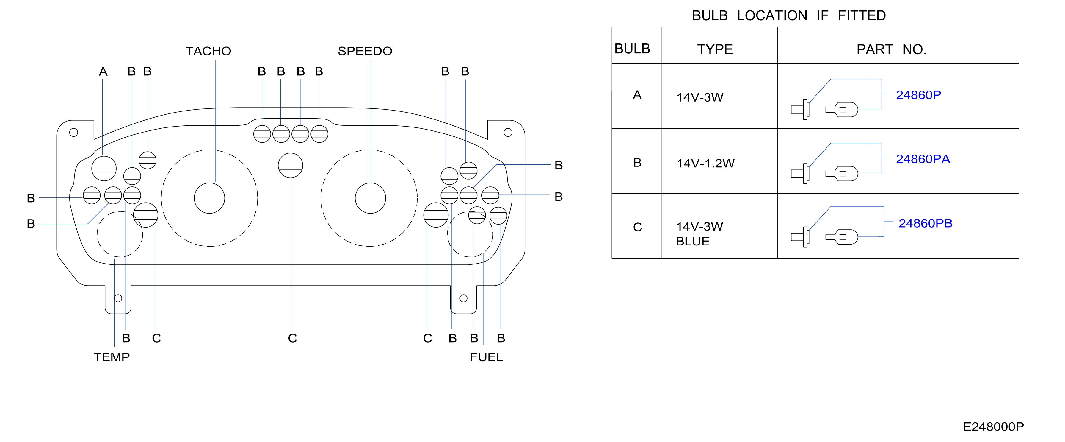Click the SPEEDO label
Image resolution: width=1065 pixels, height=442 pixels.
pos(365,51)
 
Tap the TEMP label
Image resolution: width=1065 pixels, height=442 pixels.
pos(112,357)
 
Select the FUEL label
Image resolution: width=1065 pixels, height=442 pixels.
pos(486,357)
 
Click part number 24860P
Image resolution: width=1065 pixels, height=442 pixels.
pos(918,95)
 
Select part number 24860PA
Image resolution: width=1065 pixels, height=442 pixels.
pos(923,159)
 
